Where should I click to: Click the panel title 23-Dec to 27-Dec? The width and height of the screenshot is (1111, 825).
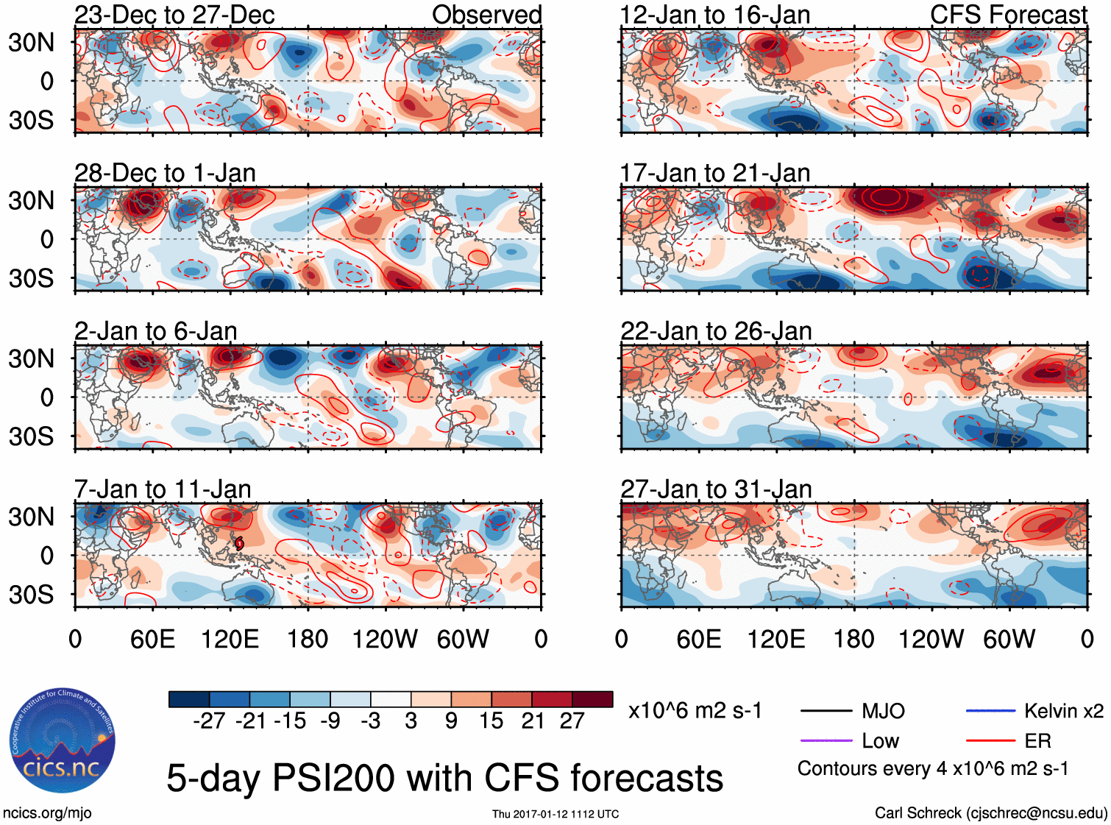[x=174, y=15]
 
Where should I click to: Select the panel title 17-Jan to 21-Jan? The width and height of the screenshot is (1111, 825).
[x=714, y=173]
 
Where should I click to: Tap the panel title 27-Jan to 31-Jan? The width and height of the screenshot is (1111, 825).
[x=716, y=489]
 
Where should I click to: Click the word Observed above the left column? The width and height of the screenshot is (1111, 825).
[x=486, y=15]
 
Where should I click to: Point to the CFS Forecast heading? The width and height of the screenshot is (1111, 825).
[x=1008, y=15]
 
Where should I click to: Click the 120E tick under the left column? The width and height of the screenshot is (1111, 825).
[x=230, y=639]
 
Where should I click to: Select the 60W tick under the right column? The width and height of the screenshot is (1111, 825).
[x=1009, y=639]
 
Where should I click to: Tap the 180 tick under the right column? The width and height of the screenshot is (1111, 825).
[x=853, y=639]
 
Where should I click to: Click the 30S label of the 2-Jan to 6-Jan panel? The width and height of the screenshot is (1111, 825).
[x=31, y=436]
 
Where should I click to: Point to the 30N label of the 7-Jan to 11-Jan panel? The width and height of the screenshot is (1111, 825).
[x=31, y=517]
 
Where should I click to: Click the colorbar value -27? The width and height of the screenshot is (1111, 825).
[x=209, y=720]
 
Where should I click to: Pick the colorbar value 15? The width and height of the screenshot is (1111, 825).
[x=491, y=720]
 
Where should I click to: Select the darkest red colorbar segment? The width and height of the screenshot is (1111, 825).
[x=592, y=699]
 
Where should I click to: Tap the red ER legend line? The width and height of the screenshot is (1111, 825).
[x=990, y=740]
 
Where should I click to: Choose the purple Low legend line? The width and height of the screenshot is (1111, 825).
[x=826, y=740]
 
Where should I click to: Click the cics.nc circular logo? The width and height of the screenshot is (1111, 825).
[x=62, y=742]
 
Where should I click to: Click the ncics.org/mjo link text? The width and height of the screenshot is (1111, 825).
[x=47, y=812]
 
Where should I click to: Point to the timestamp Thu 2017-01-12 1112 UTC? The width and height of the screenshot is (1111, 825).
[x=555, y=814]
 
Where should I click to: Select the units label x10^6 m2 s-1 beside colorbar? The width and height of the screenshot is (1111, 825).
[x=695, y=711]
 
